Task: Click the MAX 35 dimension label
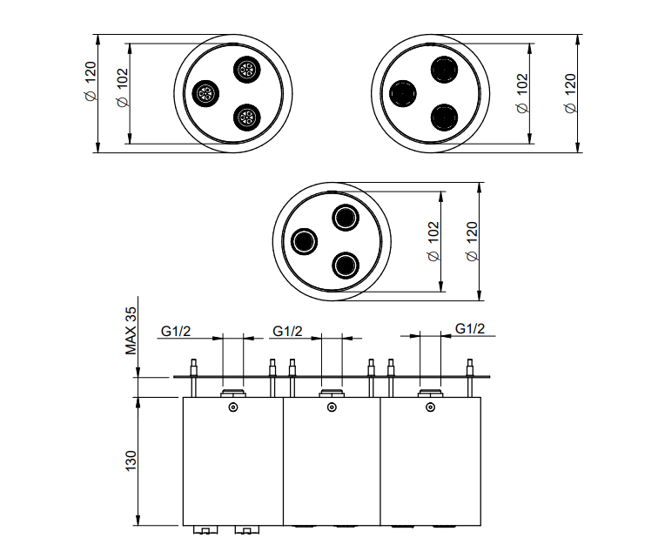coord(131,331)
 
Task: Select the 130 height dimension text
coord(131,461)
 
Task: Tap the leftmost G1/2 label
coord(176,331)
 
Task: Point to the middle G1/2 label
coord(287,331)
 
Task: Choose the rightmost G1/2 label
coord(470,328)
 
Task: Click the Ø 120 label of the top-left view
coord(91,82)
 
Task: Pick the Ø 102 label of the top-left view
coord(122,87)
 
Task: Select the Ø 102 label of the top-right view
coord(522,93)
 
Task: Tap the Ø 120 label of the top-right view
coord(570,93)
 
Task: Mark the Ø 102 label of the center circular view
coord(433,241)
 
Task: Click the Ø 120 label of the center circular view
coord(472,241)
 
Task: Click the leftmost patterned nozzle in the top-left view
coord(205,93)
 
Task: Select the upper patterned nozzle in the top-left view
coord(247,69)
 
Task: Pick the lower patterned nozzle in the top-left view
coord(247,118)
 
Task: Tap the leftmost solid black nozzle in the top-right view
coord(402,93)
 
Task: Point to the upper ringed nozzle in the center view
coord(346,218)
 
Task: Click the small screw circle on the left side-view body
coord(232,407)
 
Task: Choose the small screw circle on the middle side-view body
coord(332,407)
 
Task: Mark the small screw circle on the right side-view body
coord(431,407)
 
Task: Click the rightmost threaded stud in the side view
coord(470,378)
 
